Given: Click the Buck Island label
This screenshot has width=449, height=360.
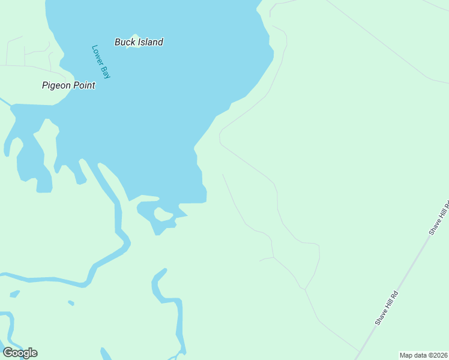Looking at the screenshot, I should [139, 42].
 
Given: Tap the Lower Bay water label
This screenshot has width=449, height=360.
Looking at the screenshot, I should [102, 62].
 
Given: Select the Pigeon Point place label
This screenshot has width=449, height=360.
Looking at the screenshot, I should [68, 85].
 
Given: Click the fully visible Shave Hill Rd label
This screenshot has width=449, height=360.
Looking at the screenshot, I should [387, 308].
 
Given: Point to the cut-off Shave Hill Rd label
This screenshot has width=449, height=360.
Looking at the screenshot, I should [439, 216].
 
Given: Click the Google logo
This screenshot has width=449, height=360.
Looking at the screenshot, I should [20, 353].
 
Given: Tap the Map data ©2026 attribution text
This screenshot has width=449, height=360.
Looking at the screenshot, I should [424, 355].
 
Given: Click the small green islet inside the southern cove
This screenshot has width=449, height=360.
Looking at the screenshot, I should [163, 214].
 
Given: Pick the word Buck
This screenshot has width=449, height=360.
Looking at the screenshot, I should [125, 42].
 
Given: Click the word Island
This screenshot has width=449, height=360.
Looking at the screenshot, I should [150, 42].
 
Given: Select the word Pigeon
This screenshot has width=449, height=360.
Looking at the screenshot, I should [56, 85].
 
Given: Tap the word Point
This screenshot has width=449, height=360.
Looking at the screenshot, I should [84, 85].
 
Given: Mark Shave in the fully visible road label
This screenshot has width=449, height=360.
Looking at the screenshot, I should [380, 319].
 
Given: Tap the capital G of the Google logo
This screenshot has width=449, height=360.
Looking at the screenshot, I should [8, 353].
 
